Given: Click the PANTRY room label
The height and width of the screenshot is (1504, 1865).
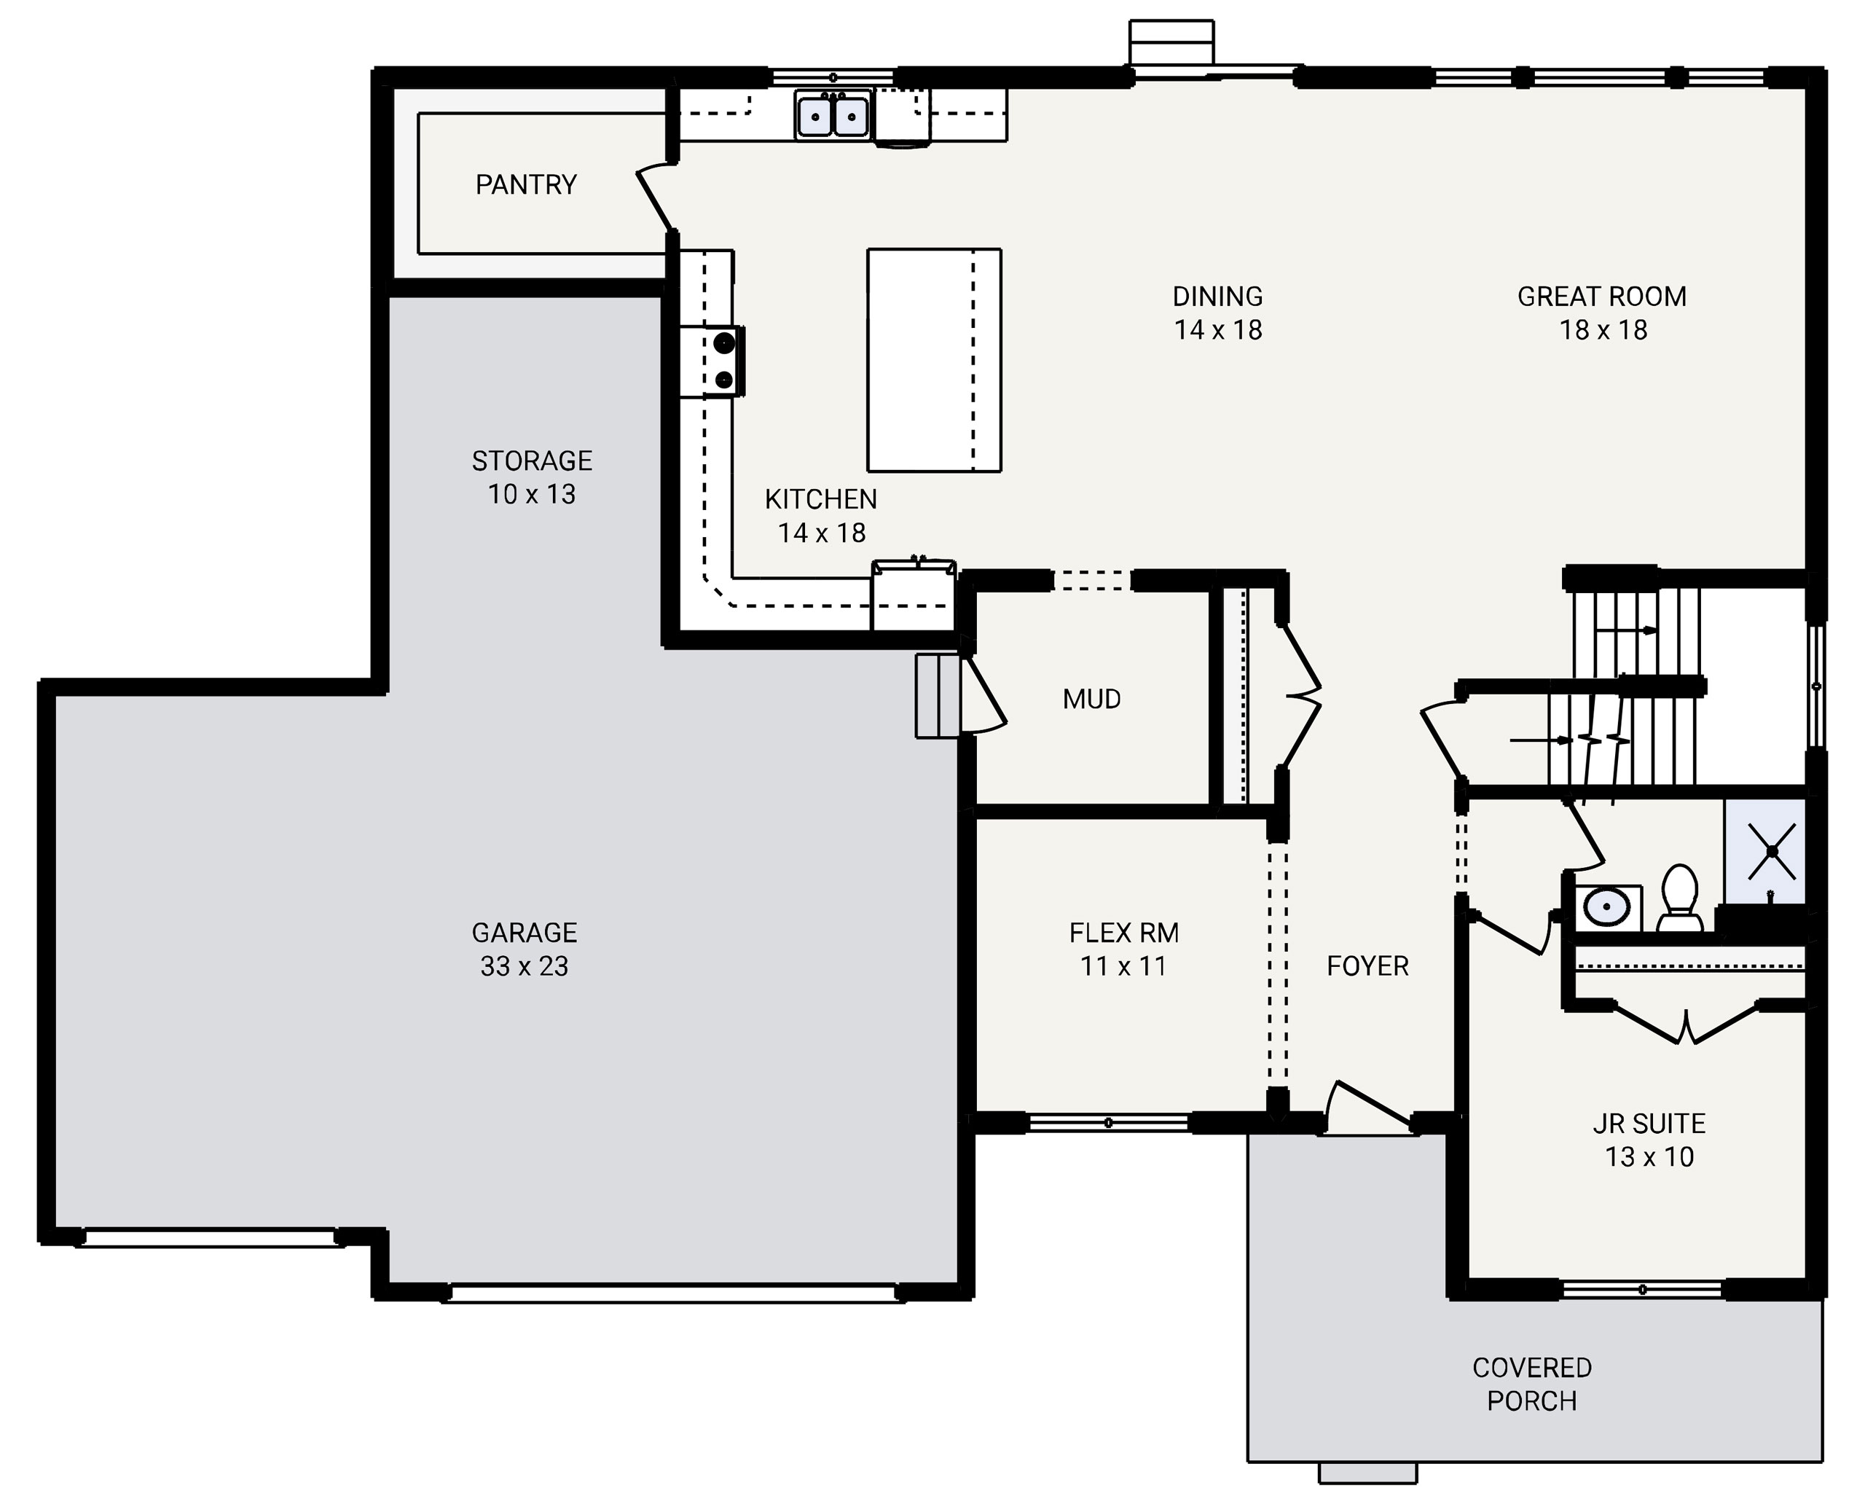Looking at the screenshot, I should (x=526, y=184).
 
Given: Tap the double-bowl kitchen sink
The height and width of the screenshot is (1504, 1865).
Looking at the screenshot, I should (x=833, y=115).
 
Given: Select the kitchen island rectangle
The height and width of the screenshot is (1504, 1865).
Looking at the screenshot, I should (x=934, y=359).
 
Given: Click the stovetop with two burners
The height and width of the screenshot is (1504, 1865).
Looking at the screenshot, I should (x=723, y=361).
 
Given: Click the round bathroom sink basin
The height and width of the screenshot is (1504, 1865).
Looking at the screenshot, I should (x=1607, y=907).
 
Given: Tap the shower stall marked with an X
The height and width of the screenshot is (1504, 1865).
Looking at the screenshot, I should (x=1764, y=851).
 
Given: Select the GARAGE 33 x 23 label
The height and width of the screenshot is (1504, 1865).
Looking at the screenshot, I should (x=524, y=949).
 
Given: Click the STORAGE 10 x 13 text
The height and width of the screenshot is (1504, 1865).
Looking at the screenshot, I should (x=531, y=477).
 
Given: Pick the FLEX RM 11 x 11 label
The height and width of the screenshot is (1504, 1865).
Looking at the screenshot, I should (x=1123, y=949).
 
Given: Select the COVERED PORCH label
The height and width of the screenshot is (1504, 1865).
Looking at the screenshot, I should (x=1531, y=1384).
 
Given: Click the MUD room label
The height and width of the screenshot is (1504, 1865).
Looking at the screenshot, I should (x=1091, y=698).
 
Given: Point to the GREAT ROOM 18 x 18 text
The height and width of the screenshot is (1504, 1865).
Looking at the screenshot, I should (x=1602, y=313).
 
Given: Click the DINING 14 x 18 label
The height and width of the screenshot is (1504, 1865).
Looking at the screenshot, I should (x=1217, y=313).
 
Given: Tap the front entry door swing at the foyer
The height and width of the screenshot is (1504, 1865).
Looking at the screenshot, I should (x=1369, y=1108).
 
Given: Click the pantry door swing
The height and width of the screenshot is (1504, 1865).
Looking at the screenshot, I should (x=656, y=199).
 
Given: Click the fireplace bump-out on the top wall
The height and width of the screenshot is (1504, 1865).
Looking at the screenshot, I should (x=1171, y=42).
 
